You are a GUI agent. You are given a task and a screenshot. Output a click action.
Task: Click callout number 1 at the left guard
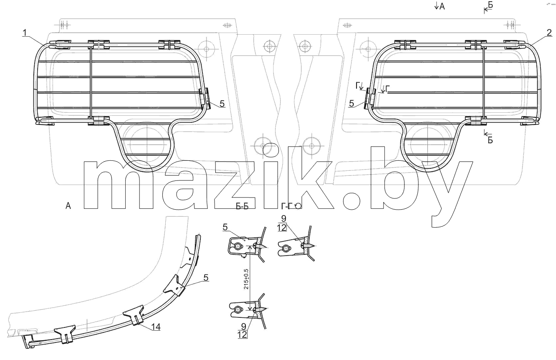(x=25, y=33)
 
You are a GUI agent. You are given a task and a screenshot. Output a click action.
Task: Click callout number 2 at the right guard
(x=549, y=33)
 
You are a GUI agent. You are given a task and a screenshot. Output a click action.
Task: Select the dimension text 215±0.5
(x=246, y=279)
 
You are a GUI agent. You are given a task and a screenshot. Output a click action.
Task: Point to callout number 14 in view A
(x=156, y=327)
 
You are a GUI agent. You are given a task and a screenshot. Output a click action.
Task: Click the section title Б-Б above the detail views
(x=242, y=206)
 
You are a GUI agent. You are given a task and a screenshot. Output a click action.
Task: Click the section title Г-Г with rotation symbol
(x=291, y=206)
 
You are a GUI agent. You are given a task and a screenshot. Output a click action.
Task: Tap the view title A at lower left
(x=68, y=206)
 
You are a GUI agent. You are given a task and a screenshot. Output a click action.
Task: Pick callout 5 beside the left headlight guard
(x=222, y=104)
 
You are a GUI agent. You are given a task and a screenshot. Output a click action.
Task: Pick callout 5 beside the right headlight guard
(x=351, y=104)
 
